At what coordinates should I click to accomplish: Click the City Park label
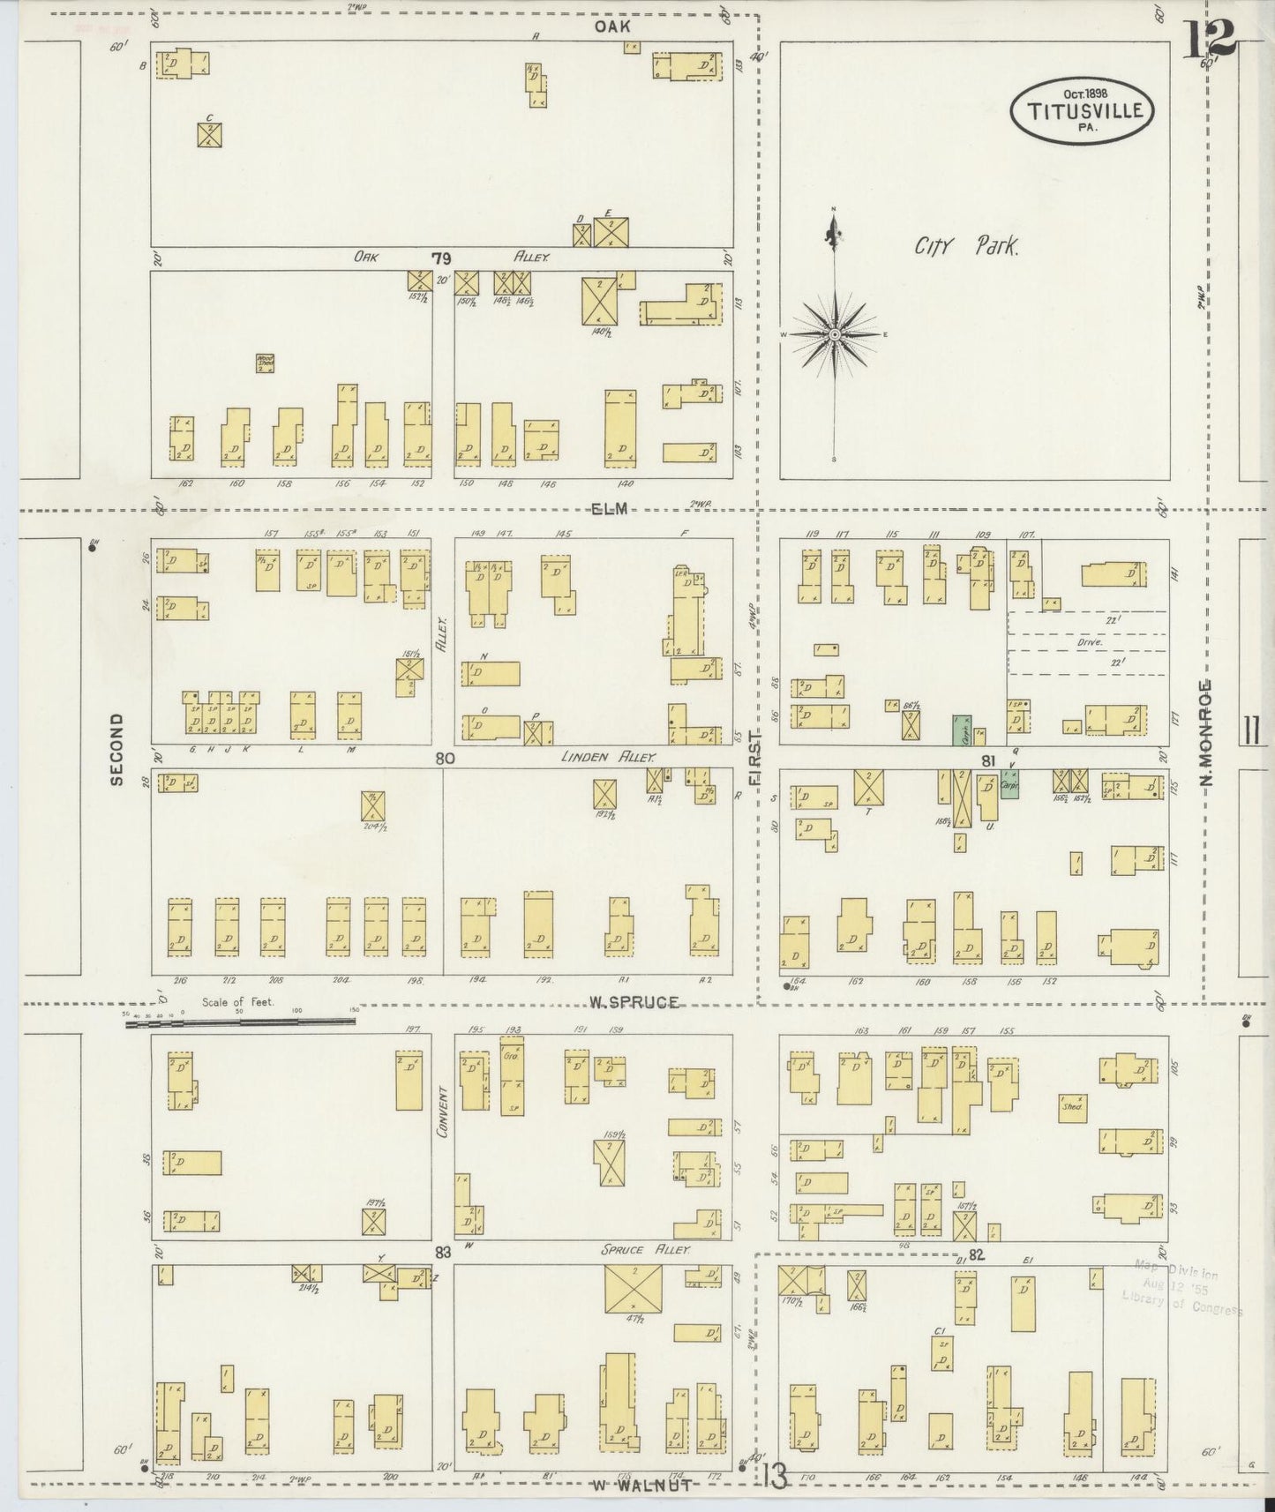point(966,246)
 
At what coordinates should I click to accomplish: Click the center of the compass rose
point(834,335)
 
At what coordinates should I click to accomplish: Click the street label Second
point(116,749)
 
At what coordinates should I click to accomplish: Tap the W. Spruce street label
point(633,1002)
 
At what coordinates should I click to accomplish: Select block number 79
point(441,258)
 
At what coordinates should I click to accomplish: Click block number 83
point(442,1252)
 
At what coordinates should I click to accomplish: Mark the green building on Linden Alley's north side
point(960,730)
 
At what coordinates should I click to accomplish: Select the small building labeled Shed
point(1072,1106)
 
